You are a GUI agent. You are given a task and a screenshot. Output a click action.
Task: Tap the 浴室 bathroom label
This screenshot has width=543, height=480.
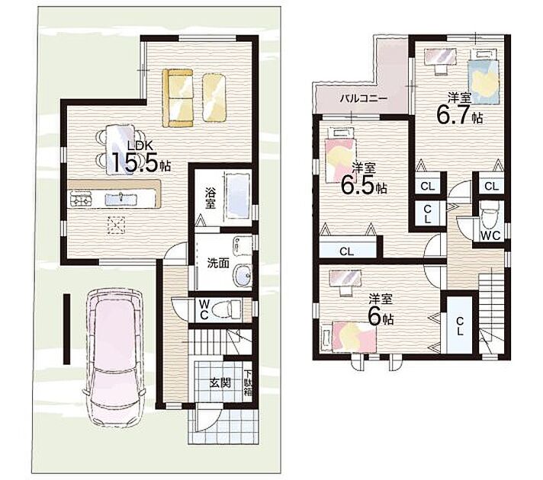click(x=210, y=198)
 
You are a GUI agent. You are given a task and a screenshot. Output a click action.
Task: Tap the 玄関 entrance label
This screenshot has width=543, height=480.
click(x=220, y=383)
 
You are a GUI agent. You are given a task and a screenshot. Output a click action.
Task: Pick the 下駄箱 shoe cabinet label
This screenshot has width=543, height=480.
click(x=248, y=383)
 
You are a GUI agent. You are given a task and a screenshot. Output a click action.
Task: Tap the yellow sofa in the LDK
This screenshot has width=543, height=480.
click(x=178, y=98)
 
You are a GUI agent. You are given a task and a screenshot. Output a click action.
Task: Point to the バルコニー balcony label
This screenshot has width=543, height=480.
click(x=362, y=99)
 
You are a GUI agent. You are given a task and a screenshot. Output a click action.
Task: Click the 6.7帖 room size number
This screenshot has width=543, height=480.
click(x=459, y=114)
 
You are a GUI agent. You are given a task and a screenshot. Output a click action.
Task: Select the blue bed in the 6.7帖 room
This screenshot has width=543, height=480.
click(x=484, y=77)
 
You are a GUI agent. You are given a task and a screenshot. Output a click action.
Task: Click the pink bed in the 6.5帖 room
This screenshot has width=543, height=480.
click(x=339, y=155)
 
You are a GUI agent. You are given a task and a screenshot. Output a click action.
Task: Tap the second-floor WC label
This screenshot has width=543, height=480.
click(x=490, y=235)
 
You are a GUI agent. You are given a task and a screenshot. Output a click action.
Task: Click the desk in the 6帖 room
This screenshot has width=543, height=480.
click(x=345, y=280)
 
